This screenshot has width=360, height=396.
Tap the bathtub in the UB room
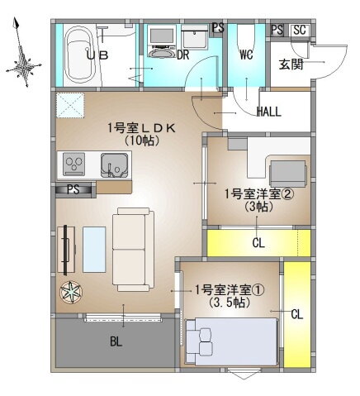[x=80, y=55]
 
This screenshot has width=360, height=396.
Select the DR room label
[x=184, y=55]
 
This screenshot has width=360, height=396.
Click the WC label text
[x=245, y=55]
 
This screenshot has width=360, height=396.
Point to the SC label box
[x=299, y=31]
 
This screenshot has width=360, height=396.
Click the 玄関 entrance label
[x=291, y=64]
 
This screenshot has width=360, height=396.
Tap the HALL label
[x=271, y=112]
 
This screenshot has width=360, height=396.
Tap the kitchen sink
[x=113, y=163]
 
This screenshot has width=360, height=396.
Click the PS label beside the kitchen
[x=73, y=188]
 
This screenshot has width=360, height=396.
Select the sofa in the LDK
[x=133, y=247]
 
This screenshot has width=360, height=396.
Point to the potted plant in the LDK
[x=71, y=291]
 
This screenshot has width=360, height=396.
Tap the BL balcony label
[x=116, y=341]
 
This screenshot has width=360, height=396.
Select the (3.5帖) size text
[x=230, y=303]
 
